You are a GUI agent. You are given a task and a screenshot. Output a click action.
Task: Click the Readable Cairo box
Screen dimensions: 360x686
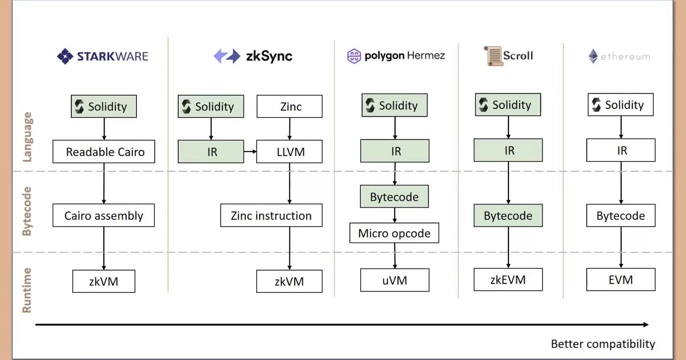pyautogui.click(x=104, y=152)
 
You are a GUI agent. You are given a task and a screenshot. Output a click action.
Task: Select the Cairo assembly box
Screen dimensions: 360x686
pyautogui.click(x=104, y=215)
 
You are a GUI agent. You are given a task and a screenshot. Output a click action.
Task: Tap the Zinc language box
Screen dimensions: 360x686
pyautogui.click(x=290, y=107)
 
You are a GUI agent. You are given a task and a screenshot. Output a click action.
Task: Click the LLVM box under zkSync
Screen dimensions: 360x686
pyautogui.click(x=290, y=152)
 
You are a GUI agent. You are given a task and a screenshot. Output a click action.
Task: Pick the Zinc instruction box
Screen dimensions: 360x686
pyautogui.click(x=271, y=215)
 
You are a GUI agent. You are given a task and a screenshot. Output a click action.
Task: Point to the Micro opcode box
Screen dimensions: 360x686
pyautogui.click(x=394, y=233)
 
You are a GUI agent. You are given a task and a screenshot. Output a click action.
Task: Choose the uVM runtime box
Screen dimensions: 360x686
pyautogui.click(x=394, y=280)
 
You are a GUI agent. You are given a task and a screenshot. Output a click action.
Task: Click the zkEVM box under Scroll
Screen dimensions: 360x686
pyautogui.click(x=508, y=280)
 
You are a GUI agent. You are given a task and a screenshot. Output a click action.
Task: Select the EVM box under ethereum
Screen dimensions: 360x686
pyautogui.click(x=620, y=280)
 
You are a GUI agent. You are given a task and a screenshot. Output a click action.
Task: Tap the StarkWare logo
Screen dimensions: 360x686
pyautogui.click(x=103, y=56)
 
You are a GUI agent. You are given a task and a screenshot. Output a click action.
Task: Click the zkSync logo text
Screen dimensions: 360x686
pyautogui.click(x=269, y=56)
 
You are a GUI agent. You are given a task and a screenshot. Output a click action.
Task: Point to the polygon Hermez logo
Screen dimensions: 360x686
pyautogui.click(x=396, y=56)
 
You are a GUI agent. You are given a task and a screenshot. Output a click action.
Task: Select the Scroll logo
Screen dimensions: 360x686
pyautogui.click(x=509, y=56)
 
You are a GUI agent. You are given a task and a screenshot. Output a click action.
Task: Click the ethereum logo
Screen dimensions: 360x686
pyautogui.click(x=619, y=56)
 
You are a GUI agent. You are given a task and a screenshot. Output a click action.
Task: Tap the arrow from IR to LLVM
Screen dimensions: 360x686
pyautogui.click(x=250, y=151)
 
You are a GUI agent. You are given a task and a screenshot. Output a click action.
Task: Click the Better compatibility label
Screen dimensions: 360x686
pyautogui.click(x=603, y=344)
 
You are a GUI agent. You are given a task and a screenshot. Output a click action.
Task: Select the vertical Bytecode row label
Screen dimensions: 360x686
pyautogui.click(x=27, y=211)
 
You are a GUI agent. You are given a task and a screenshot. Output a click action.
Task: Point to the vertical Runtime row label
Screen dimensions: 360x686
pyautogui.click(x=27, y=290)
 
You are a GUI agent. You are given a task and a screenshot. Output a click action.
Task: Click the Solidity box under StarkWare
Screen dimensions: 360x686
pyautogui.click(x=104, y=107)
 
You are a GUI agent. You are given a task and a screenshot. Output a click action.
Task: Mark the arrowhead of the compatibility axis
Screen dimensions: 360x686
pyautogui.click(x=646, y=324)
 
